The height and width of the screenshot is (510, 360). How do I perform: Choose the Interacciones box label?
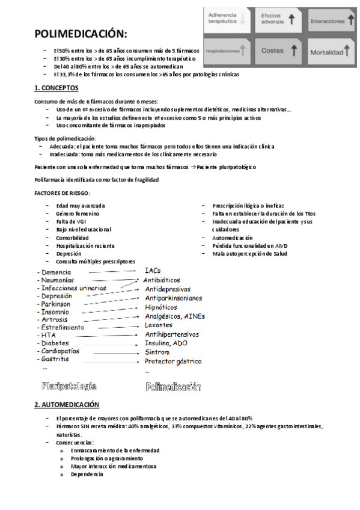coord(328,21)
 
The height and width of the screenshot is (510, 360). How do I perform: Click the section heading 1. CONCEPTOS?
coord(59,88)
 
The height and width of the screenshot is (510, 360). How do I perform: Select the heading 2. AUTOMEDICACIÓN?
coord(66,405)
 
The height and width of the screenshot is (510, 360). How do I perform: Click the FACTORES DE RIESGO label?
coord(62,193)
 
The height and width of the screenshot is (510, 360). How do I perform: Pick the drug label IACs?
coord(153,271)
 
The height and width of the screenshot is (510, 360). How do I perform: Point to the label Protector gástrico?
coord(173,361)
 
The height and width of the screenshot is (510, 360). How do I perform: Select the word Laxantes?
coord(159,325)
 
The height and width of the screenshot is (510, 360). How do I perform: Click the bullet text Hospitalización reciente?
coord(85,246)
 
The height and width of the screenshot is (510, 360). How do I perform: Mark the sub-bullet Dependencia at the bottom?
coord(87,474)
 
